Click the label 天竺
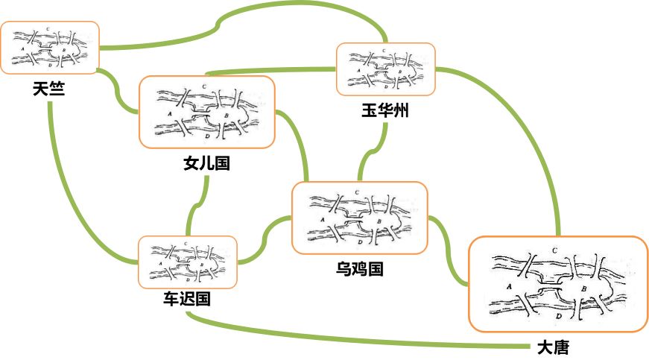click(x=48, y=89)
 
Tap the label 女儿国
click(x=206, y=163)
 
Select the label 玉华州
click(x=384, y=111)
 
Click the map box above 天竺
click(x=50, y=48)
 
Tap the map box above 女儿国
click(x=206, y=112)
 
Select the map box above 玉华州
click(x=385, y=69)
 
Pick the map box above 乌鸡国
click(x=360, y=218)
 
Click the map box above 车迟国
click(x=188, y=262)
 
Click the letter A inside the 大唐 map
click(x=507, y=285)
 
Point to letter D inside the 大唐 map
click(x=559, y=317)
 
